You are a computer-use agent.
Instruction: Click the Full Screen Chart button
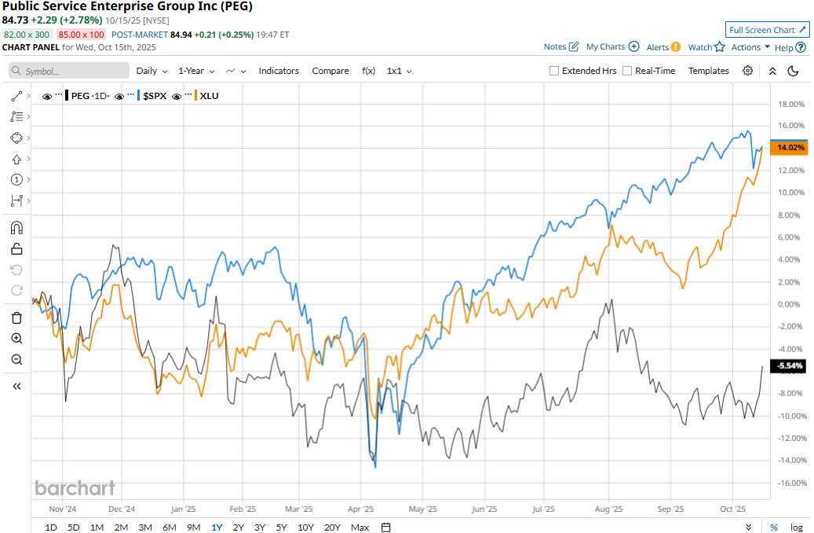(768, 30)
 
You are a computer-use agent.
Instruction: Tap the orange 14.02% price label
(789, 147)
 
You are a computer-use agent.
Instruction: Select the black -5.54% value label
(789, 366)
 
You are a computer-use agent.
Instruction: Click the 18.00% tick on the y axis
(790, 104)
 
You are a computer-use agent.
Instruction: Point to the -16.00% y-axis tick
(790, 483)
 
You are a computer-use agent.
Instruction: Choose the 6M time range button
(169, 527)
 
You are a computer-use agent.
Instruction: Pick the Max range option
(360, 527)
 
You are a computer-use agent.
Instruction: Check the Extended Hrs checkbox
(554, 71)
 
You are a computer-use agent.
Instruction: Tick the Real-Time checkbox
(627, 71)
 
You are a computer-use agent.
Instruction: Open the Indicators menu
(279, 71)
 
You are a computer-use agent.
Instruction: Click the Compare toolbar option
(330, 71)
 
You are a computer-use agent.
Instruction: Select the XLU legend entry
(209, 96)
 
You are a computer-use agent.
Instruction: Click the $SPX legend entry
(153, 96)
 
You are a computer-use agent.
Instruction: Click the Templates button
(709, 71)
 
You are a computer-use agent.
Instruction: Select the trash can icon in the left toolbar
(16, 318)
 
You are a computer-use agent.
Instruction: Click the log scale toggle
(796, 527)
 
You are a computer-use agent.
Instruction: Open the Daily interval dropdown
(151, 71)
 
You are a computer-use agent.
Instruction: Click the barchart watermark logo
(75, 488)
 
